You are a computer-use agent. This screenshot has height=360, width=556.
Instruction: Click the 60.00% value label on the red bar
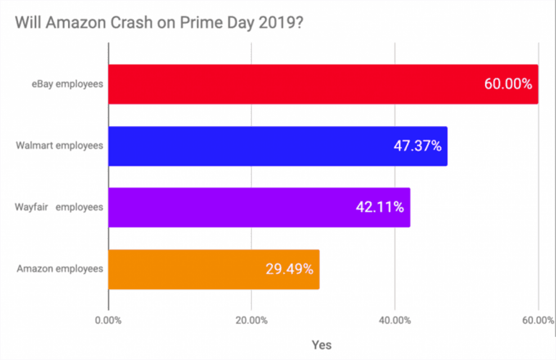click(x=507, y=83)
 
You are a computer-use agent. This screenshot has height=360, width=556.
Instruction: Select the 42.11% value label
click(x=380, y=207)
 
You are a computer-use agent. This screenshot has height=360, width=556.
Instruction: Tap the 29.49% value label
click(x=289, y=269)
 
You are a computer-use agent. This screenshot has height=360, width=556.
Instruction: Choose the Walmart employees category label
click(x=60, y=146)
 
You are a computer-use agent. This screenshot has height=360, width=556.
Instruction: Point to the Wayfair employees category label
click(x=59, y=207)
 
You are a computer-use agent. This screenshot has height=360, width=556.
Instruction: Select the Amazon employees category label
click(x=60, y=269)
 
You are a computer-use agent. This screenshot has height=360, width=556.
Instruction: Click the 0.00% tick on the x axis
click(x=109, y=320)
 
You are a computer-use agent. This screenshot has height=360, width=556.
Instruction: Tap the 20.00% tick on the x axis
click(x=251, y=320)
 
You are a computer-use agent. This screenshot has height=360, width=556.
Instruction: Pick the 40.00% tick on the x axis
click(x=394, y=320)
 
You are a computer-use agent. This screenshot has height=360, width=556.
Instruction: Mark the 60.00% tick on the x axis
click(x=536, y=320)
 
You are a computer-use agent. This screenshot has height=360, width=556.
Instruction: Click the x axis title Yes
click(x=322, y=344)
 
